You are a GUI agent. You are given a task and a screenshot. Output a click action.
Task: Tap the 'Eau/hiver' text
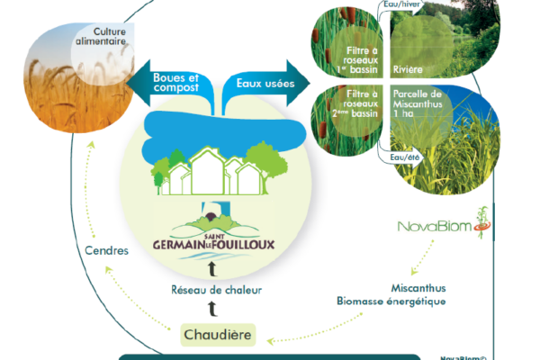point(402,5)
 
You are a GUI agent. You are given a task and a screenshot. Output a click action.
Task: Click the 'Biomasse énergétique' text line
point(391,302)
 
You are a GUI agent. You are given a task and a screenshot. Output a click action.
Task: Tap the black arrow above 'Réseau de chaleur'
point(213,269)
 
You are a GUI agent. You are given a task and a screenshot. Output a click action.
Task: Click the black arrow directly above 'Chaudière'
point(213,310)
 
